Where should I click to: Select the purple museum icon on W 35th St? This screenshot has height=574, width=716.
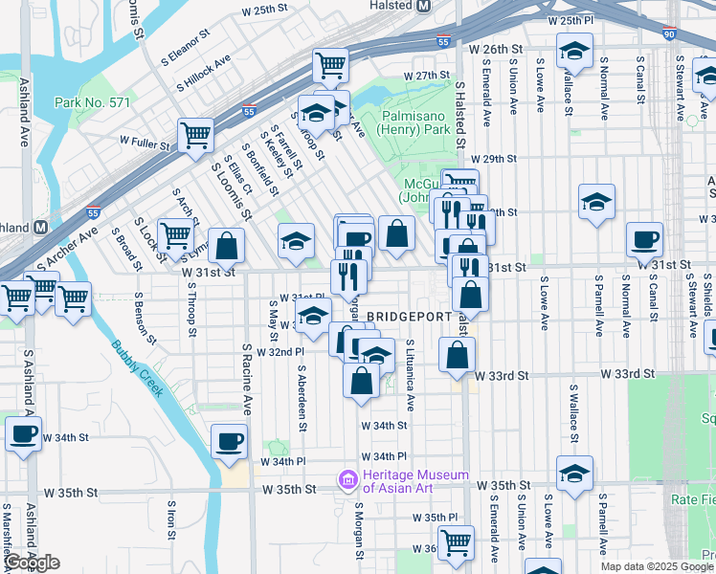(347, 479)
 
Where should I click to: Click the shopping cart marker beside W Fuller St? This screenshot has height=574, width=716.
(195, 134)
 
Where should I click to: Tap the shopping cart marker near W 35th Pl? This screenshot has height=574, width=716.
(456, 541)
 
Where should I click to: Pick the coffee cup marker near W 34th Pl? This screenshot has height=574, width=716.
(229, 441)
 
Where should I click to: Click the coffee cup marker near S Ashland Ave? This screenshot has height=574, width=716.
(23, 432)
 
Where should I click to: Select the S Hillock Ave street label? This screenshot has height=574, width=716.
(203, 69)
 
